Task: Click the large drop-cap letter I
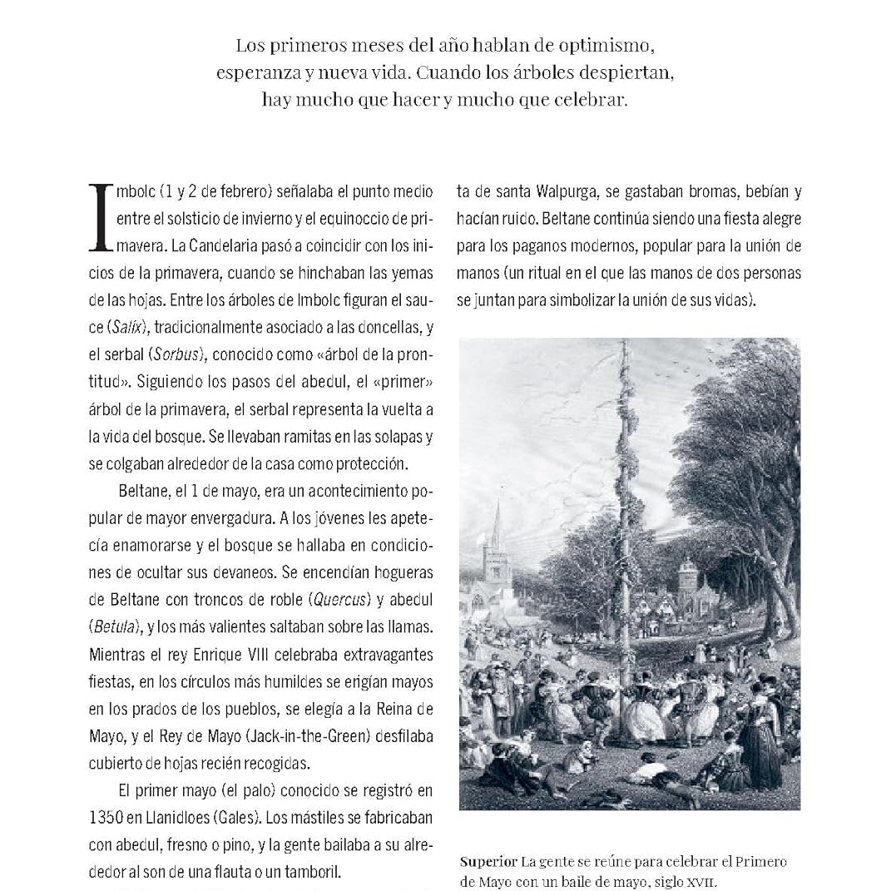[100, 218]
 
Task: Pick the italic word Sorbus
[176, 354]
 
